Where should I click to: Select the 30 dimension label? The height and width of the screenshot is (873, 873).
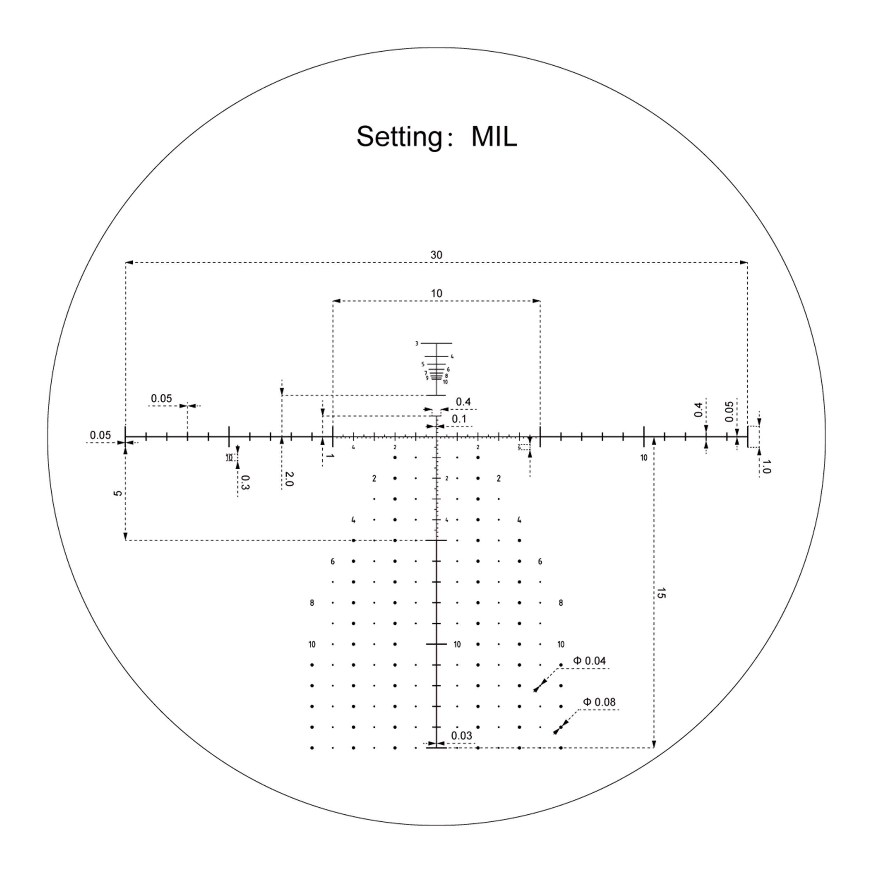[436, 255]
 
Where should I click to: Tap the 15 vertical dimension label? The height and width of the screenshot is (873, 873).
[661, 593]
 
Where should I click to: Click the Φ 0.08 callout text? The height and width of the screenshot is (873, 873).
[599, 702]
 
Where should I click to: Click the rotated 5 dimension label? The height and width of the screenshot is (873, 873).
[118, 493]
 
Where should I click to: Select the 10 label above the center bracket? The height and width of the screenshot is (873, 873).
[436, 293]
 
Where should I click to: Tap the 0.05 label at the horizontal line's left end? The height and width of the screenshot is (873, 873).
[100, 435]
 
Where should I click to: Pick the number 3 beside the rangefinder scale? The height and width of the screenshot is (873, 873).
[417, 343]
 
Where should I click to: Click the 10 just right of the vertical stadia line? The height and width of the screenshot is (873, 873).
[457, 644]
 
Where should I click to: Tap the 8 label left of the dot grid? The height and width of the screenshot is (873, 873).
[312, 603]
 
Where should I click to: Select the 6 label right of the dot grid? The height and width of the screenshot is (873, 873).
[540, 562]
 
